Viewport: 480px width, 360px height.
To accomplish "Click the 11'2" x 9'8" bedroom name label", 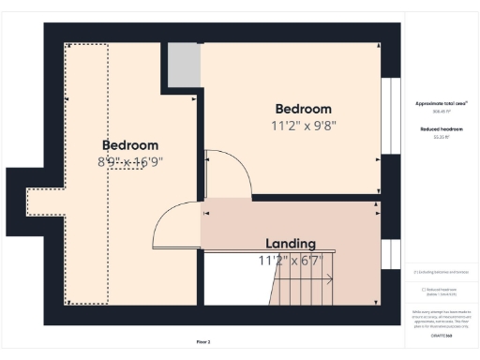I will pos(303,108).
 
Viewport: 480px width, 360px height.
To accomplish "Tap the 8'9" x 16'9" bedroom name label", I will pos(129,145).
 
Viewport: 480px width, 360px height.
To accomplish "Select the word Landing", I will pos(290,244).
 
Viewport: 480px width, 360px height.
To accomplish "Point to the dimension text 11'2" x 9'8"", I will pos(303,125).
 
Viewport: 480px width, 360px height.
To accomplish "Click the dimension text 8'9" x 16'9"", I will pos(129,161).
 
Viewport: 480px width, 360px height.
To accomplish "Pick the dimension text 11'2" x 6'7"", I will pos(290,260).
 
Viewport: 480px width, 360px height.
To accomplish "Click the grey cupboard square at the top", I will pos(185,65).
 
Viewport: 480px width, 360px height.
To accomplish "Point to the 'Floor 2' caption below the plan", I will pos(203,342).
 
